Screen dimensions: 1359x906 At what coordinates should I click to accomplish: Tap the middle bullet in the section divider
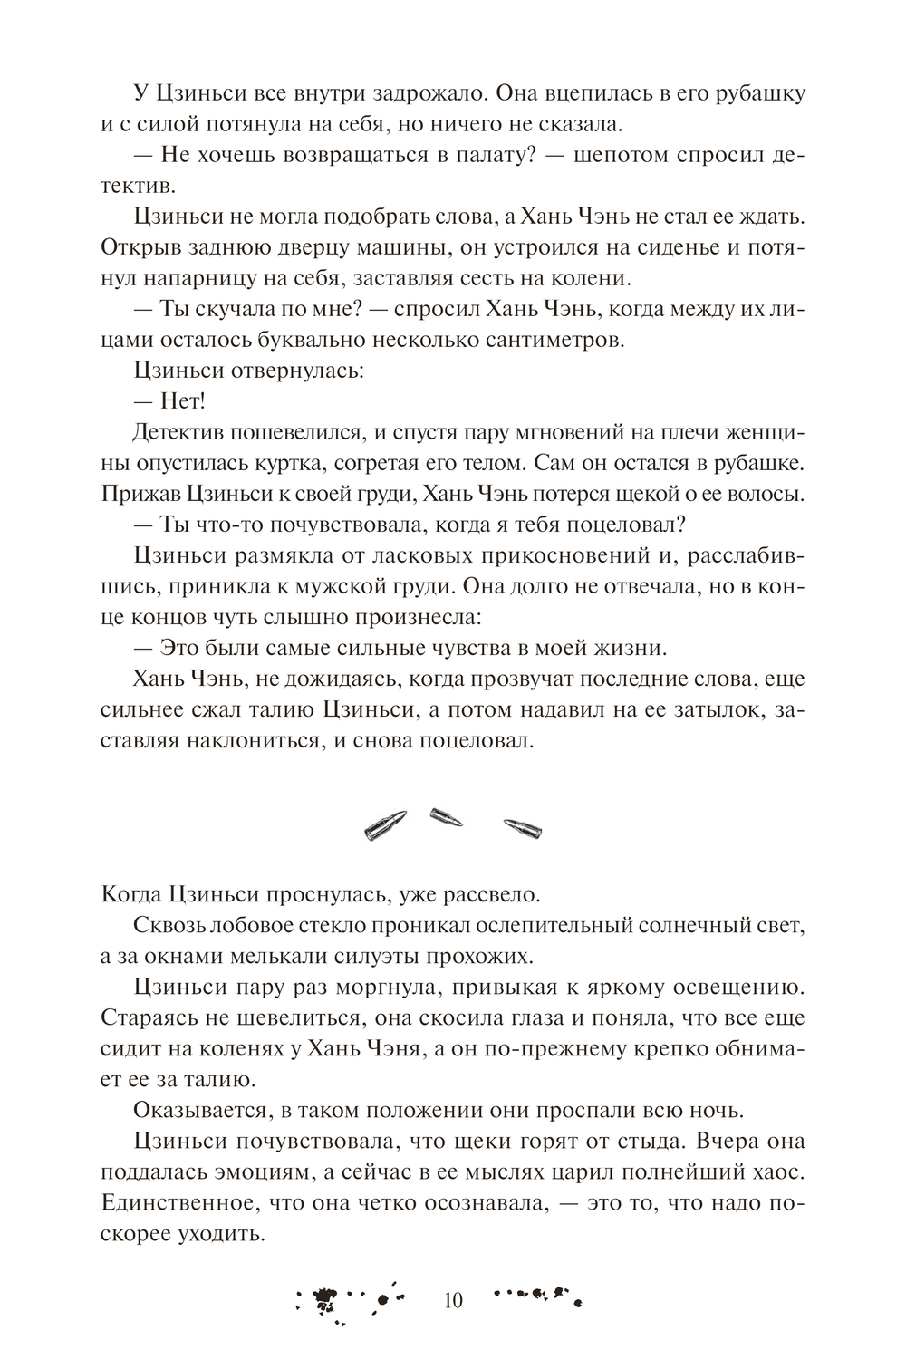tap(447, 816)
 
